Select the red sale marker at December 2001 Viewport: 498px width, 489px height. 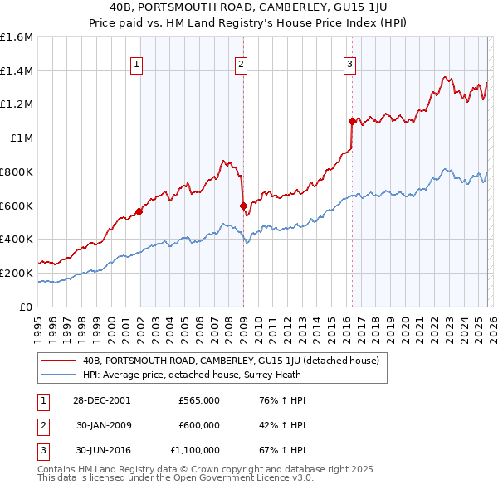[x=139, y=211]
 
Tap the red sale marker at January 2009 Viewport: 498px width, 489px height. [x=243, y=206]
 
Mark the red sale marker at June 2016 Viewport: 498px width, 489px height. [x=352, y=121]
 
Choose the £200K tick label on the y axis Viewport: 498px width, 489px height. [x=17, y=273]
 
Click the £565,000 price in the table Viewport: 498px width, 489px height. [x=199, y=399]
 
